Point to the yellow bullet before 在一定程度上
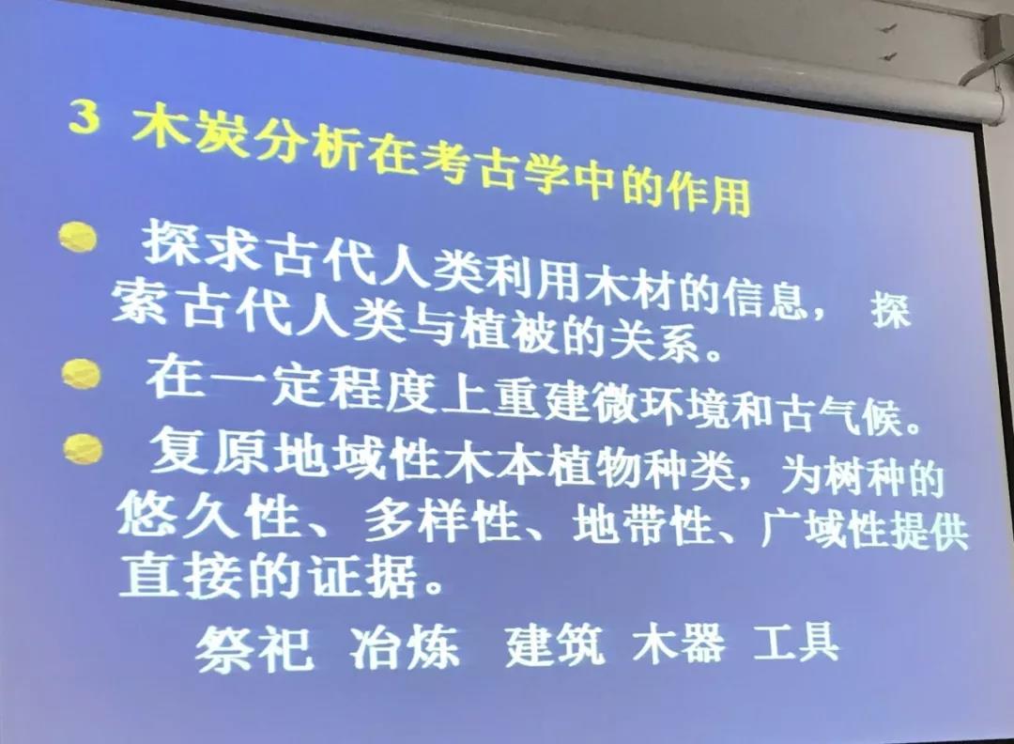[x=82, y=374]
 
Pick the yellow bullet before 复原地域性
[x=84, y=449]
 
